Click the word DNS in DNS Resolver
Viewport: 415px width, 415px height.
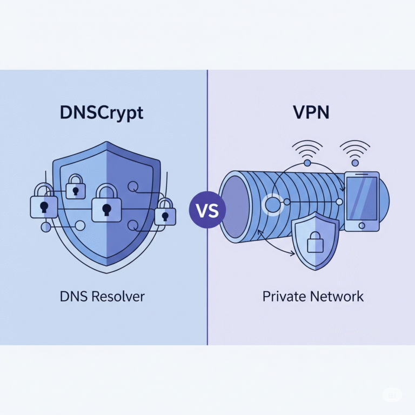click(72, 296)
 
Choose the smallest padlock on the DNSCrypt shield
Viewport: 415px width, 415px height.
click(75, 187)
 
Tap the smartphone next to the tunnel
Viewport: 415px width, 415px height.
click(362, 202)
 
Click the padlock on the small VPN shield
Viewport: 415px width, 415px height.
click(315, 243)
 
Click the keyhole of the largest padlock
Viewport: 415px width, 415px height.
click(106, 210)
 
